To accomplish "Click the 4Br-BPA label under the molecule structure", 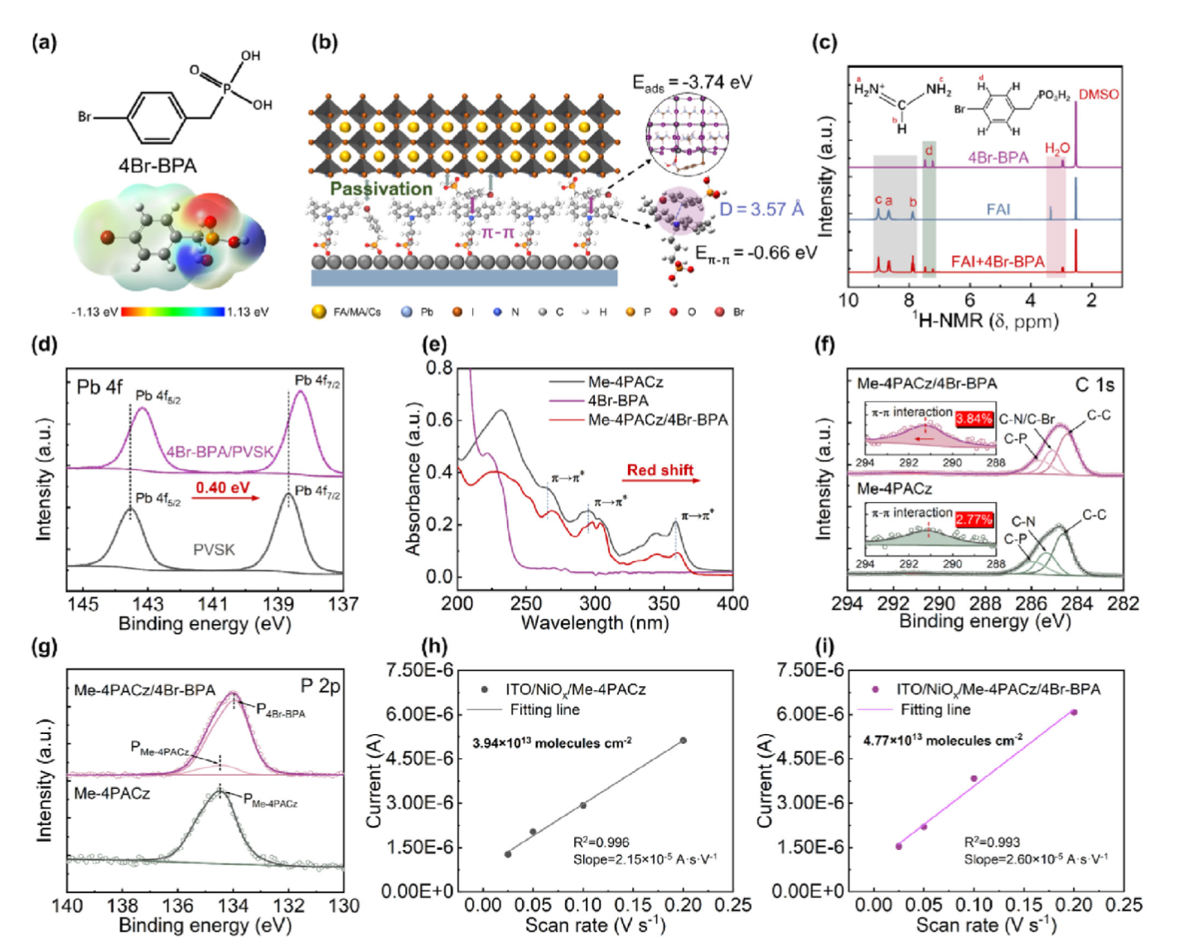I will tap(157, 166).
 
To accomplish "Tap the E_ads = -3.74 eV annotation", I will tap(692, 82).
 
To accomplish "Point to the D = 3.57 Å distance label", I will tap(761, 209).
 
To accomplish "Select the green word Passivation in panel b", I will tap(380, 189).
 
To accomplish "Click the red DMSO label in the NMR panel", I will tap(1098, 94).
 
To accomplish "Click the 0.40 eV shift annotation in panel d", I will tap(222, 487).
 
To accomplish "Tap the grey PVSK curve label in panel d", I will tap(214, 549).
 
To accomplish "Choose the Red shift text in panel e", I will tap(660, 471).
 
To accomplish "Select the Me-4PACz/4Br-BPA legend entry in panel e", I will tap(658, 420).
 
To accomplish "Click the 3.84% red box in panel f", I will tap(974, 418).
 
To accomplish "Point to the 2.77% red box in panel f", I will tap(974, 519).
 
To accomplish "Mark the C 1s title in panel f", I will tap(1094, 385).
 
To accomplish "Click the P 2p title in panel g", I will tap(320, 687).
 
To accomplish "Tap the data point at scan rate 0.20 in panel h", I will tap(683, 740).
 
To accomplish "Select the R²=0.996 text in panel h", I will tap(601, 843).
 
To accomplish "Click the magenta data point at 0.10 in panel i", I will tap(974, 779).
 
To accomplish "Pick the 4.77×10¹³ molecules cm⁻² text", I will tap(942, 740).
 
